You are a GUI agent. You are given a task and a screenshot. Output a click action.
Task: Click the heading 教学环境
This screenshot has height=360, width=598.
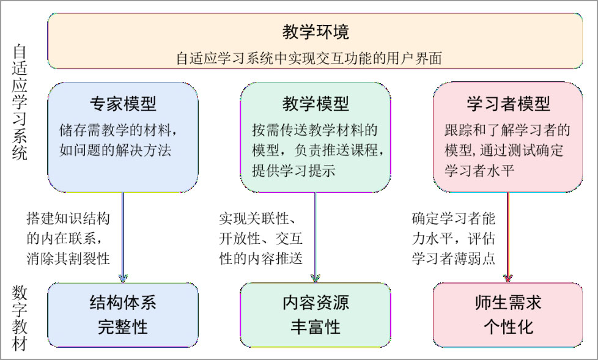tap(316, 31)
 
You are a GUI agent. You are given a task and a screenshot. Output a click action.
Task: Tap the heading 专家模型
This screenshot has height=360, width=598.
tap(124, 103)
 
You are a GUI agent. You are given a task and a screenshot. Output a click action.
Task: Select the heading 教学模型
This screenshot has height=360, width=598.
tap(316, 103)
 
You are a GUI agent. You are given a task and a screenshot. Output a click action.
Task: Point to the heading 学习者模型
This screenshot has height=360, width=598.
tap(508, 103)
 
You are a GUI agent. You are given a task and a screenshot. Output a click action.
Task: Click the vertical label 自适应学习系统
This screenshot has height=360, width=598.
tap(20, 105)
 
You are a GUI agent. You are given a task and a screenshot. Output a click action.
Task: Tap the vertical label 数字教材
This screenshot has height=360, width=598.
tap(20, 318)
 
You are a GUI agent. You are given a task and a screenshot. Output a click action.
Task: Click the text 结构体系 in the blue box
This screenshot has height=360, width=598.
tap(123, 303)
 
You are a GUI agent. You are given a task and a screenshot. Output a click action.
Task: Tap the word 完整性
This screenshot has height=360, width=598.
tap(123, 326)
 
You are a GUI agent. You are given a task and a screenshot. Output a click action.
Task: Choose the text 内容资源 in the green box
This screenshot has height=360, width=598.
tap(316, 303)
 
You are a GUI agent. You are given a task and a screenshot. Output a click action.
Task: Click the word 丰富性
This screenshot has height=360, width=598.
tap(316, 326)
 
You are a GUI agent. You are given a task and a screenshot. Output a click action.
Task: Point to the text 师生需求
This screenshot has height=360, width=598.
tap(508, 303)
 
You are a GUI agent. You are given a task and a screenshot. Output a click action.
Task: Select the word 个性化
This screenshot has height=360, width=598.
tap(508, 326)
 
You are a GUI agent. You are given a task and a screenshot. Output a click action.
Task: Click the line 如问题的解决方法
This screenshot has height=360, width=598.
tap(115, 150)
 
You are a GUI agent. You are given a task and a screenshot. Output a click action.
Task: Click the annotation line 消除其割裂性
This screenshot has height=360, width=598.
tap(68, 258)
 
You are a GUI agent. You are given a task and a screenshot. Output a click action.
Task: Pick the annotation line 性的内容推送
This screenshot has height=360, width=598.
tap(260, 258)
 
